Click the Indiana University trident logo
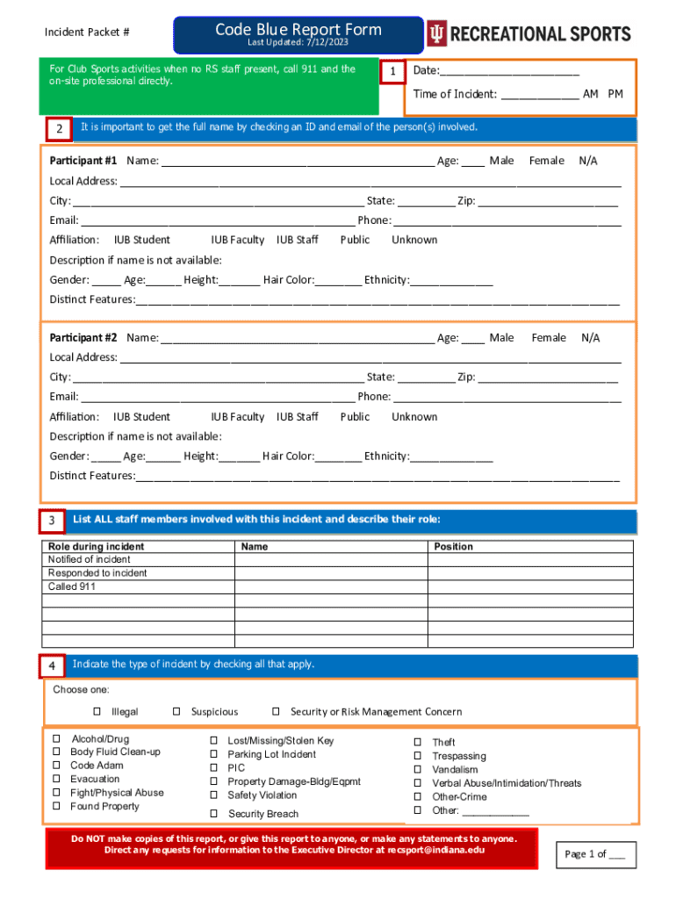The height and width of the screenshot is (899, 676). [436, 34]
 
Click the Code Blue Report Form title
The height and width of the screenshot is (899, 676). [298, 30]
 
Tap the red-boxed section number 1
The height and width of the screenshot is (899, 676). [392, 71]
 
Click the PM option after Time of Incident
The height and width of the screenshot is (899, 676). [615, 94]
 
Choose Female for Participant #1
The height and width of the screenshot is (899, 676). [547, 161]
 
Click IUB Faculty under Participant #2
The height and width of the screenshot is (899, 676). [238, 417]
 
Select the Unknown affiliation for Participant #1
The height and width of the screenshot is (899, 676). [414, 240]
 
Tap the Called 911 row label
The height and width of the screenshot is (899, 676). [72, 586]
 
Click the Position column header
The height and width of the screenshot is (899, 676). [454, 547]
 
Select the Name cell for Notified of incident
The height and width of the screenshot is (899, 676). [331, 560]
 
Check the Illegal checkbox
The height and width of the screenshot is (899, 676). [97, 712]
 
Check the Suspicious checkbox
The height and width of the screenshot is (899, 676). [176, 712]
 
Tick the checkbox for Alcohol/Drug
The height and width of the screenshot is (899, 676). [57, 740]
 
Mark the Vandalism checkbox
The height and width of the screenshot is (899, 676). [418, 770]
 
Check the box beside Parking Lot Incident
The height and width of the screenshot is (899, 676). [213, 754]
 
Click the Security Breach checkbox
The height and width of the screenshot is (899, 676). [213, 813]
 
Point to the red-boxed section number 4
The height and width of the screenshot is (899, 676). [52, 667]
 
